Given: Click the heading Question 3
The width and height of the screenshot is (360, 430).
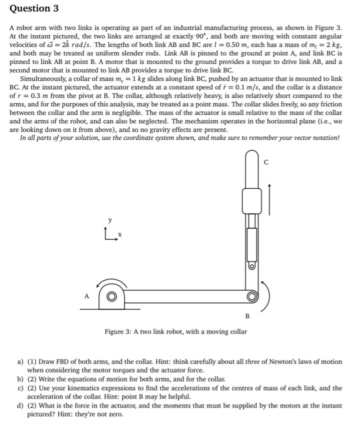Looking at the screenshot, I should [30, 8].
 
